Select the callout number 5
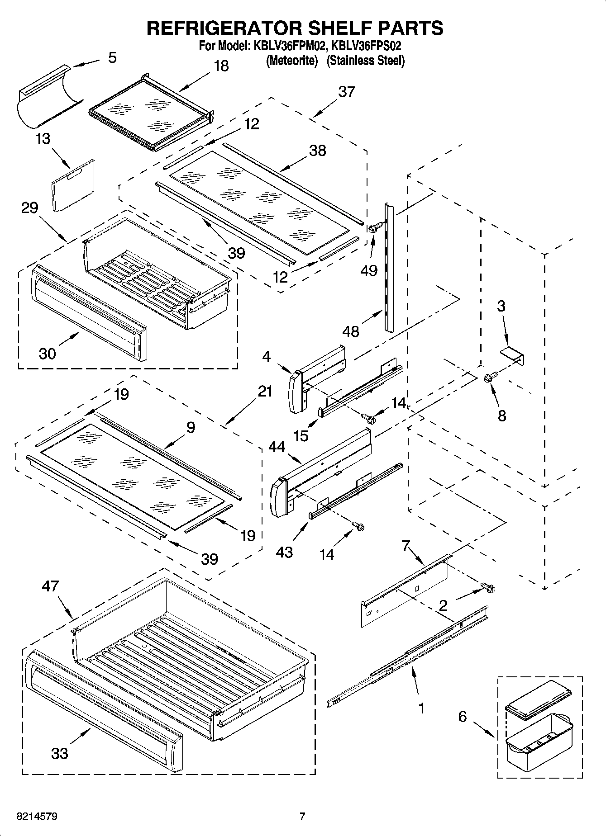112,58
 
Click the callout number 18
221,66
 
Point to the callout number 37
347,92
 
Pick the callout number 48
351,331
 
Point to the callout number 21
265,391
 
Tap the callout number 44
277,448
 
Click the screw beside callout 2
488,588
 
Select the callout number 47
50,586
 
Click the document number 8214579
37,817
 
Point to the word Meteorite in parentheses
292,60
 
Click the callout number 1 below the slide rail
421,708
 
